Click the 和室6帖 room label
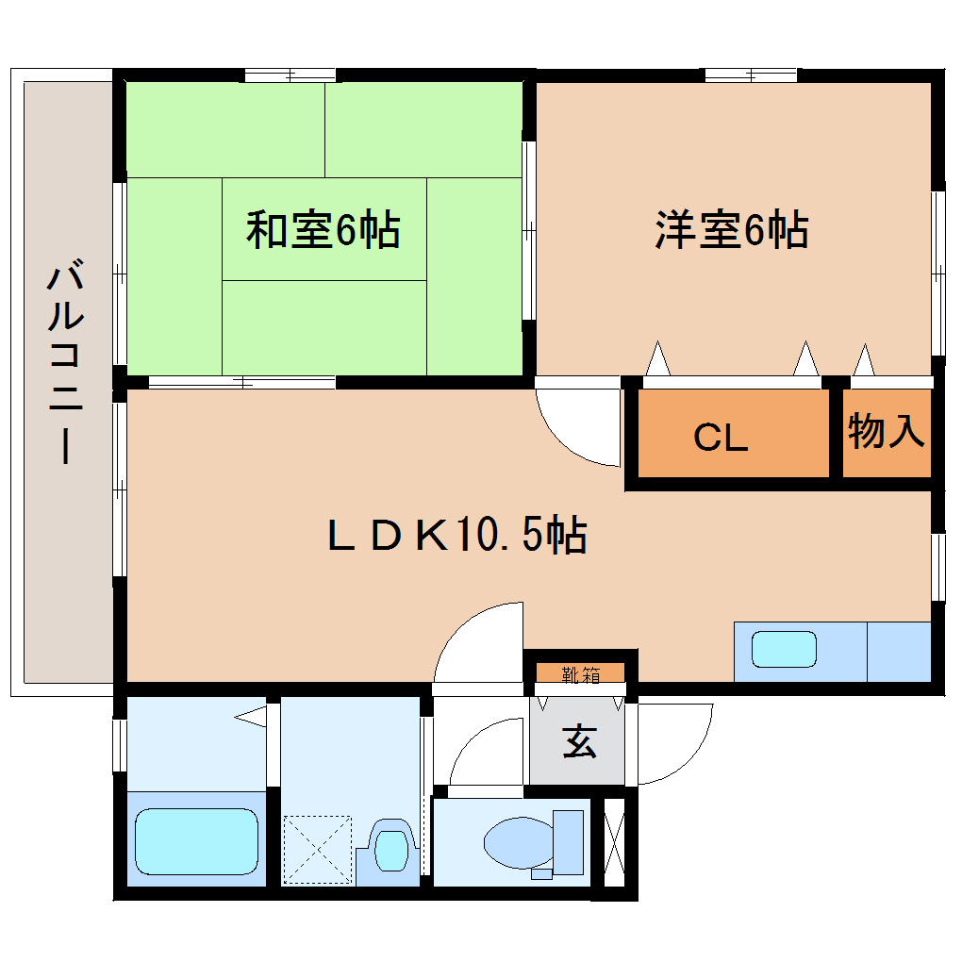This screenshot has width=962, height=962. (323, 230)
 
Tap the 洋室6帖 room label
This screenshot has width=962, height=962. (731, 230)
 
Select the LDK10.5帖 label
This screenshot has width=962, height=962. (456, 536)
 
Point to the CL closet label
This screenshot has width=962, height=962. (721, 438)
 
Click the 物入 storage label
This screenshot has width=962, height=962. (886, 432)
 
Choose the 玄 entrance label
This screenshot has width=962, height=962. (579, 742)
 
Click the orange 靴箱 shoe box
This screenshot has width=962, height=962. (580, 673)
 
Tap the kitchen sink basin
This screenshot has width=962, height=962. (783, 650)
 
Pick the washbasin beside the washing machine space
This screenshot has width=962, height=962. (388, 849)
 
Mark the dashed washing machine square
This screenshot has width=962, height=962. (317, 848)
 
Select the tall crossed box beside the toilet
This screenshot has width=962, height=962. (613, 841)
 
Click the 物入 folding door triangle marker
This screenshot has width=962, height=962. (864, 360)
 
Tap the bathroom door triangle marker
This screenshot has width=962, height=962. (252, 717)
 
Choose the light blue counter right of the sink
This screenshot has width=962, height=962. (898, 651)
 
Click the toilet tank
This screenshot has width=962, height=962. (569, 841)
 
